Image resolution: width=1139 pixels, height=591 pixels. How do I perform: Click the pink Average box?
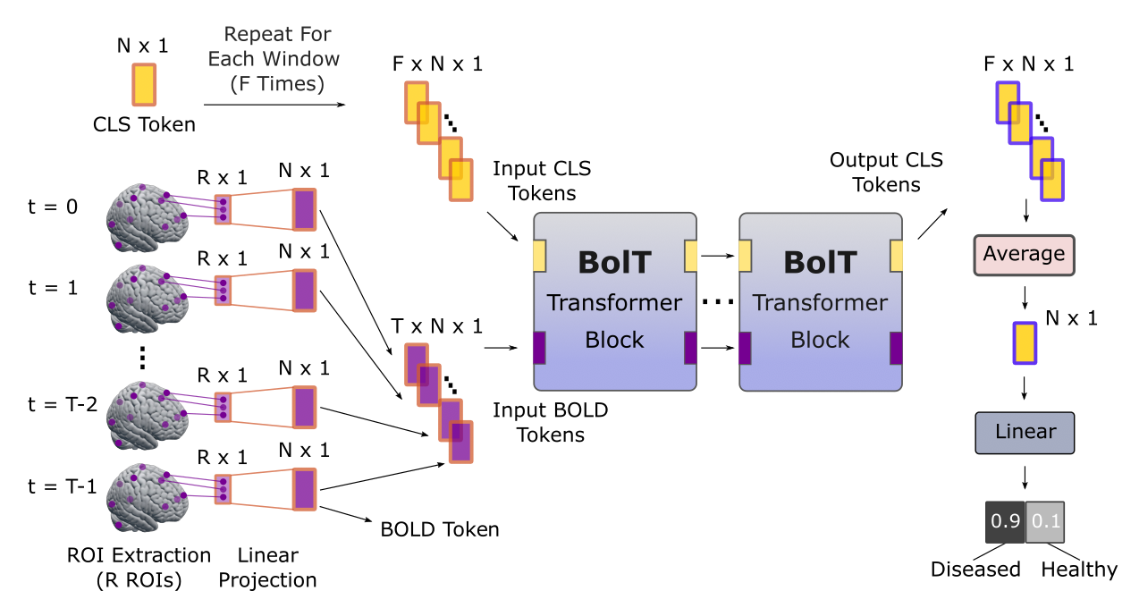1024,255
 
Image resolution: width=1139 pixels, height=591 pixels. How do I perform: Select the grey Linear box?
1025,433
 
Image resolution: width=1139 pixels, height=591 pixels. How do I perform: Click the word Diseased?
975,570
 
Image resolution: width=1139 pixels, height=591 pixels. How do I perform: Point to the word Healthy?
1079,570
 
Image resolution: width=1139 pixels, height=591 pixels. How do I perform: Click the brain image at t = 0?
146,218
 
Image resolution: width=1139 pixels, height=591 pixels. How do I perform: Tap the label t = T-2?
62,404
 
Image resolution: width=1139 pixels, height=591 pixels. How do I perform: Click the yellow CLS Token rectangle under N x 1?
144,85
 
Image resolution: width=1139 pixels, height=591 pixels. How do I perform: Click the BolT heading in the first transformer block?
614,262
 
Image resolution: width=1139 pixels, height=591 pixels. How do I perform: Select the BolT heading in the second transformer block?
820,262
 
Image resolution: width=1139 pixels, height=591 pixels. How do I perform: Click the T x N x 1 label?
437,326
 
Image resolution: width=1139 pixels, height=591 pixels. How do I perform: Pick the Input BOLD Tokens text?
550,423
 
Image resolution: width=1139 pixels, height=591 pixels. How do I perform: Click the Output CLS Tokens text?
886,173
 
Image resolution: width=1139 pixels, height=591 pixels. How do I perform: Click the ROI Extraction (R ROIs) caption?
139,568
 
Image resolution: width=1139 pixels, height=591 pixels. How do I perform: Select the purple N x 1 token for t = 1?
305,291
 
